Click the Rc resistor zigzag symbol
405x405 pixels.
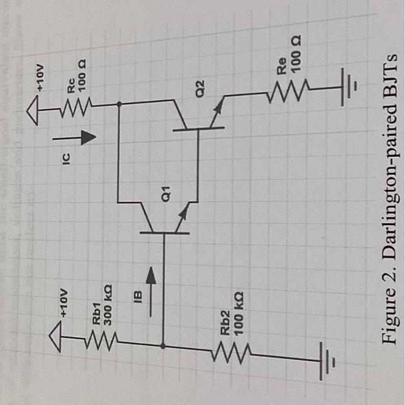point(77,104)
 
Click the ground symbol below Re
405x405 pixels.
point(348,87)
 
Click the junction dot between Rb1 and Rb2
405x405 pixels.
point(164,347)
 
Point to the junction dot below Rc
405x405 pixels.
point(119,105)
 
